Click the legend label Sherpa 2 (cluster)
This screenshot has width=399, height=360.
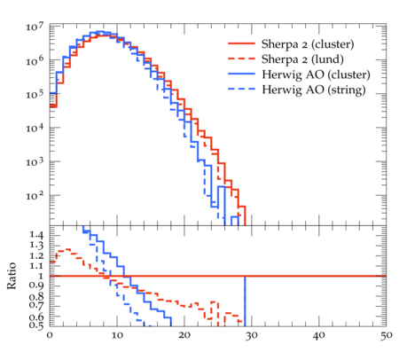308,44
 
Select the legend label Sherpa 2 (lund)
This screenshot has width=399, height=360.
302,59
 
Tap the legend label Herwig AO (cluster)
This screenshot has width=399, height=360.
316,74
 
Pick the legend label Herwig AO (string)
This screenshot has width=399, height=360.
314,90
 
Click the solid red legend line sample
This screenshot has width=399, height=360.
241,43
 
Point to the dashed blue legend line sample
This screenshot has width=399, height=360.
241,89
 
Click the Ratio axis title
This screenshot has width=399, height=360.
12,276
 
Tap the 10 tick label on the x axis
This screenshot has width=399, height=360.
117,335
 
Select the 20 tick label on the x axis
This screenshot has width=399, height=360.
184,335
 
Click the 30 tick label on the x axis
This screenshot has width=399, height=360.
252,335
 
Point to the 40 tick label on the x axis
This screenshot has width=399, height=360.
319,335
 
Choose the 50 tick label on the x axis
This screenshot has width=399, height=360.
387,335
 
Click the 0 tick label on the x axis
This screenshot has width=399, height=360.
50,335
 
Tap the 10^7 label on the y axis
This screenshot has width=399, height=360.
35,27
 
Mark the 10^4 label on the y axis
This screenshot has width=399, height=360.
35,128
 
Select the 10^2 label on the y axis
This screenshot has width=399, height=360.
35,195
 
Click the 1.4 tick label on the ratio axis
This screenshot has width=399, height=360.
36,235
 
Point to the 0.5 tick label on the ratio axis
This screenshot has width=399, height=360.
36,325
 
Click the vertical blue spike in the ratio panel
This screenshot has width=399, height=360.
245,301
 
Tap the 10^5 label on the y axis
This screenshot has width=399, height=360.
35,94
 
